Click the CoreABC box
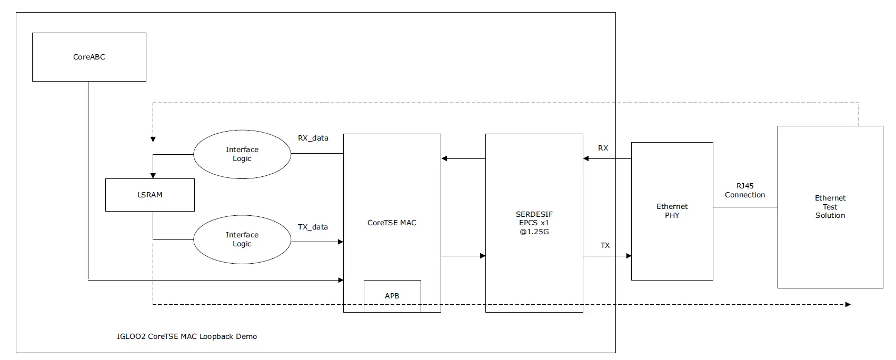coord(89,57)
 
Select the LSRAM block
coord(150,195)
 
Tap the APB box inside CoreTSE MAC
coord(392,296)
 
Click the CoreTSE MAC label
coord(392,223)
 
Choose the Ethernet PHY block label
coord(672,211)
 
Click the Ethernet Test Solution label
coord(830,206)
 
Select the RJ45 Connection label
coord(745,191)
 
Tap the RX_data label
coord(313,138)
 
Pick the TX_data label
coord(313,227)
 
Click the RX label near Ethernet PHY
coord(603,148)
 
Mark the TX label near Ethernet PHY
coord(605,245)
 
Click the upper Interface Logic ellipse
coord(242,154)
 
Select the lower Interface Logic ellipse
coord(242,239)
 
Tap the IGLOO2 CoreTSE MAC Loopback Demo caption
coord(187,336)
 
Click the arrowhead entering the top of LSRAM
coord(153,175)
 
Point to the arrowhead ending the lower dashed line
coord(848,304)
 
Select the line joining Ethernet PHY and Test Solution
coord(745,207)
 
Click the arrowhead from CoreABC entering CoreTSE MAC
coord(341,280)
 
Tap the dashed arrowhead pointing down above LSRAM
coord(153,139)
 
